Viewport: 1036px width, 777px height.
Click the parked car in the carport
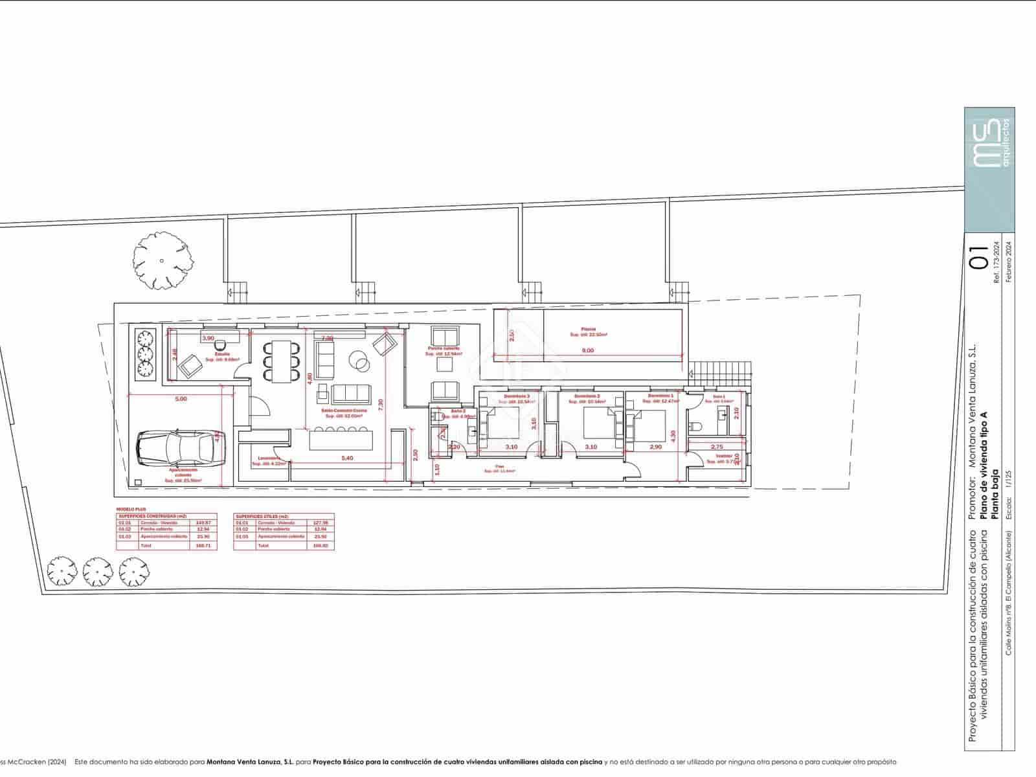(180, 448)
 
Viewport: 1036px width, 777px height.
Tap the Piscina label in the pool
(588, 329)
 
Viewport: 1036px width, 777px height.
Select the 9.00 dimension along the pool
(587, 350)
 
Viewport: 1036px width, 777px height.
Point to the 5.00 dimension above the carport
(181, 399)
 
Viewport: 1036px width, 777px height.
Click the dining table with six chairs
(281, 360)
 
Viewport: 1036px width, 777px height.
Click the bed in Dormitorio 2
(598, 423)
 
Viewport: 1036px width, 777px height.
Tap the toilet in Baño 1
(697, 426)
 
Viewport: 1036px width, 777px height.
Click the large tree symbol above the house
(163, 261)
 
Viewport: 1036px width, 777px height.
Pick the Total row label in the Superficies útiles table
(263, 546)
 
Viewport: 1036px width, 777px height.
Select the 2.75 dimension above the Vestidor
(716, 447)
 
